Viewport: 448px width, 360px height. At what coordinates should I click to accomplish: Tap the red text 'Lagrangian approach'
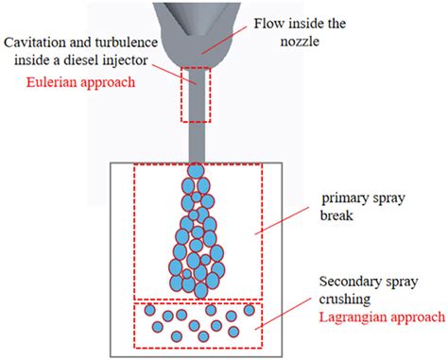click(382, 316)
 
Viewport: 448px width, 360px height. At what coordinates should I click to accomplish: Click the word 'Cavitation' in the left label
click(36, 44)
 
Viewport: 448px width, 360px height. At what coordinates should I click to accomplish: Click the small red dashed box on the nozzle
click(197, 95)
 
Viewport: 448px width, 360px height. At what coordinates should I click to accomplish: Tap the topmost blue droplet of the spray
click(197, 171)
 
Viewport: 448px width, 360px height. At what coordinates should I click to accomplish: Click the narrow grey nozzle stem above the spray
click(197, 142)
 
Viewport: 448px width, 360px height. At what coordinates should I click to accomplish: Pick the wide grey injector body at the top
click(197, 28)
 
